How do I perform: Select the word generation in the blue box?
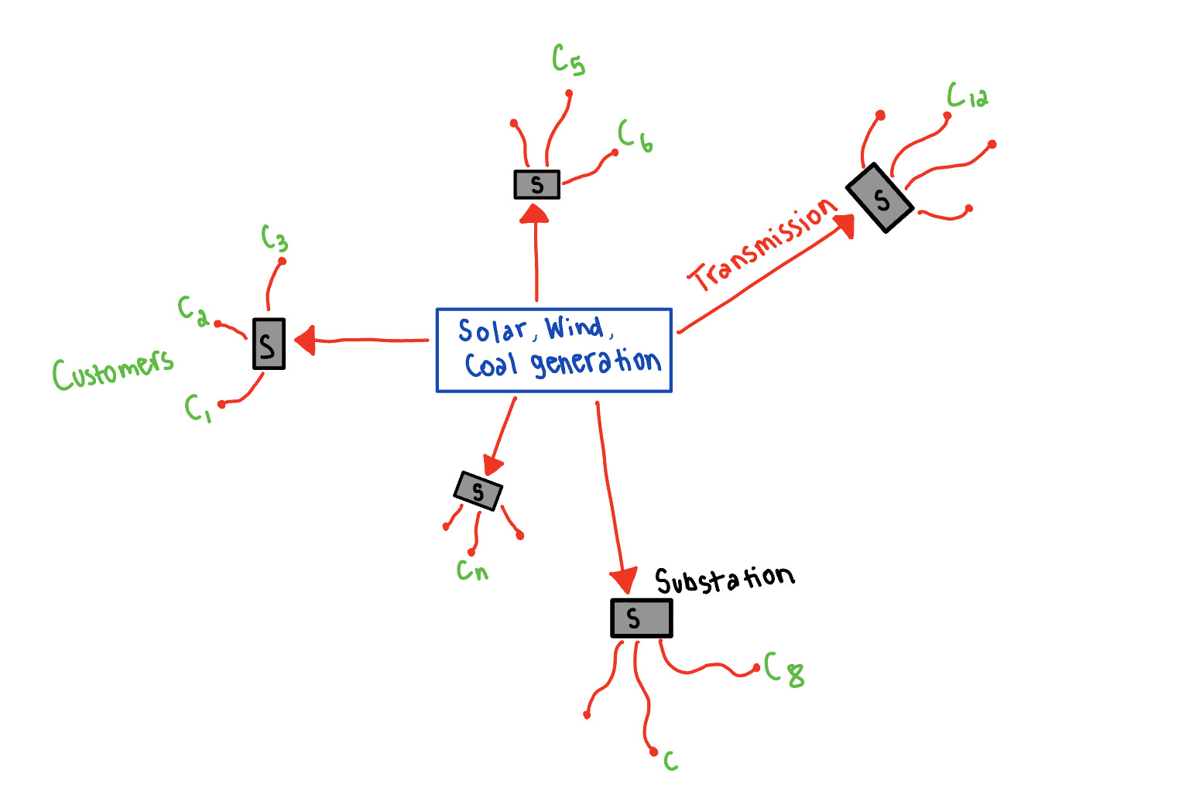[595, 363]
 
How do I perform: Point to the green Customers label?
[113, 369]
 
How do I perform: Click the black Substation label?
[724, 580]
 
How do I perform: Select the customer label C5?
[568, 60]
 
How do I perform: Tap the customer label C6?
[635, 136]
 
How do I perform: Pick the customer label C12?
[967, 96]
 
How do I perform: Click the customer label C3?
[274, 238]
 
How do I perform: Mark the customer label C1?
[197, 407]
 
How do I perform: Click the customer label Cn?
[471, 571]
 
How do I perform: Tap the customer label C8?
[784, 669]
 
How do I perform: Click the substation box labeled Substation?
[641, 618]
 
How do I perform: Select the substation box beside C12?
[880, 197]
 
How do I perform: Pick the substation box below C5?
[536, 184]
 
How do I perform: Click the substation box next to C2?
[269, 344]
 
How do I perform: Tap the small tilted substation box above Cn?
[478, 490]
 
